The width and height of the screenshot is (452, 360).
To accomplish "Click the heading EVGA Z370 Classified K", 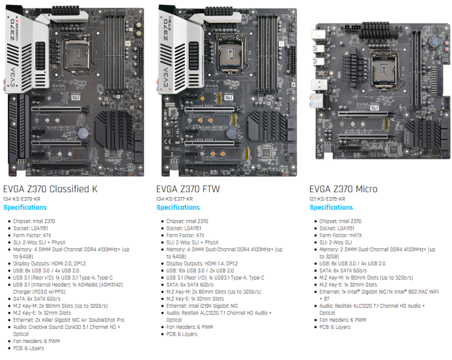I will point(50,189).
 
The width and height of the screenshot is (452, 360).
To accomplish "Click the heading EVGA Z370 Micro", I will point(343,189).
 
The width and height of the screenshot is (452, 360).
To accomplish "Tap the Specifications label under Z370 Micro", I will point(331,208).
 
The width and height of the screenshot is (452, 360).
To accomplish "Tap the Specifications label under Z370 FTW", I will point(178,208).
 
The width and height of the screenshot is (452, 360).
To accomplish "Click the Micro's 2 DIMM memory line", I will point(377,249).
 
